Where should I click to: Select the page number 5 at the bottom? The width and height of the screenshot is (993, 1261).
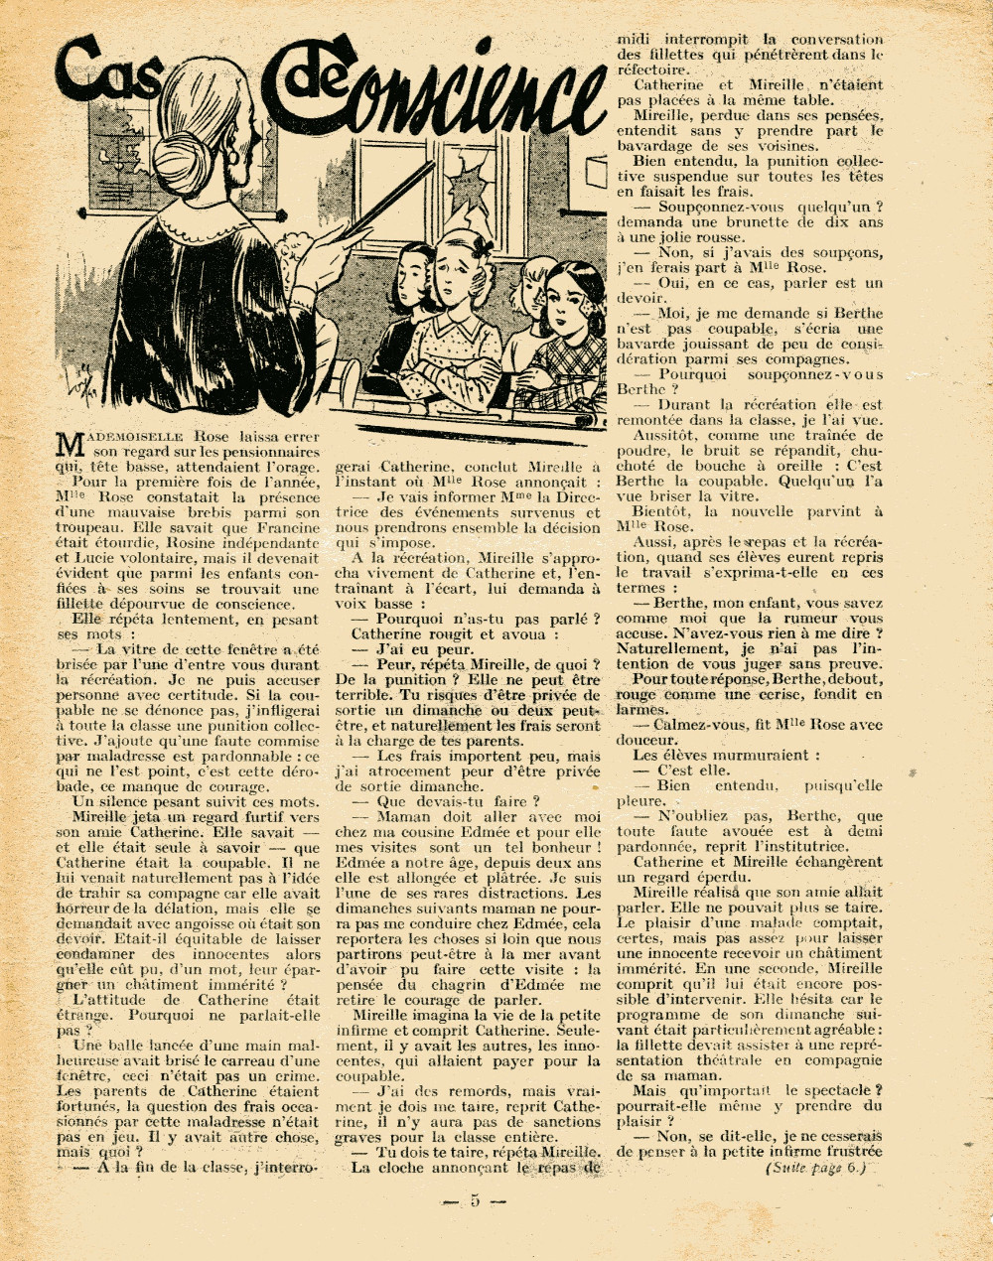click(474, 1199)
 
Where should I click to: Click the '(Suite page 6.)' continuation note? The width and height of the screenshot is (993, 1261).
click(816, 1168)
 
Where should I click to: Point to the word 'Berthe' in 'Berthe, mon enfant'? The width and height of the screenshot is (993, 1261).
click(683, 603)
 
